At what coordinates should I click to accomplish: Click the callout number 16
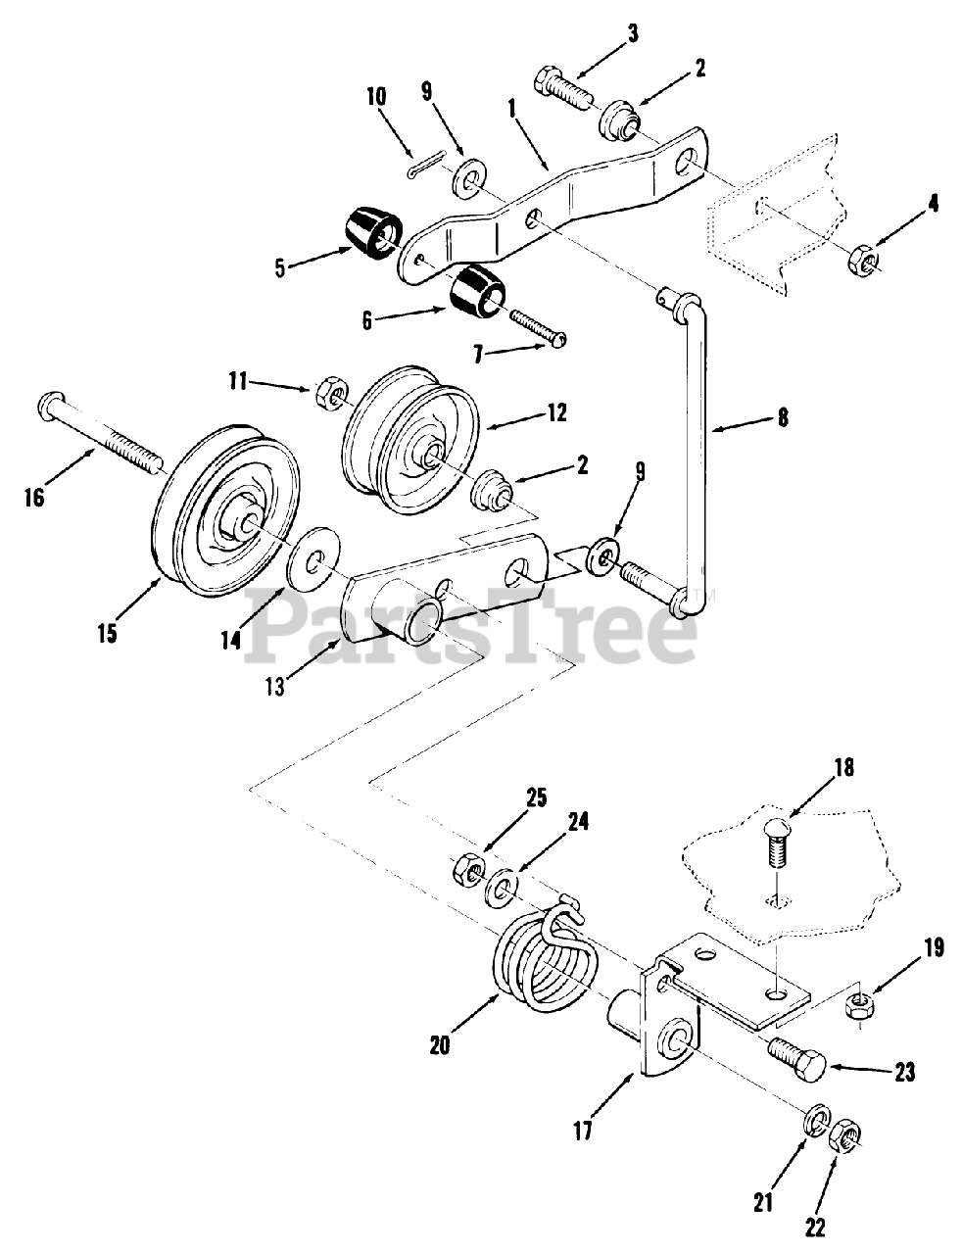point(35,498)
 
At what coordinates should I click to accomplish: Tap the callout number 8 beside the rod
point(781,417)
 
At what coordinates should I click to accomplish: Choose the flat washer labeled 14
point(313,567)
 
